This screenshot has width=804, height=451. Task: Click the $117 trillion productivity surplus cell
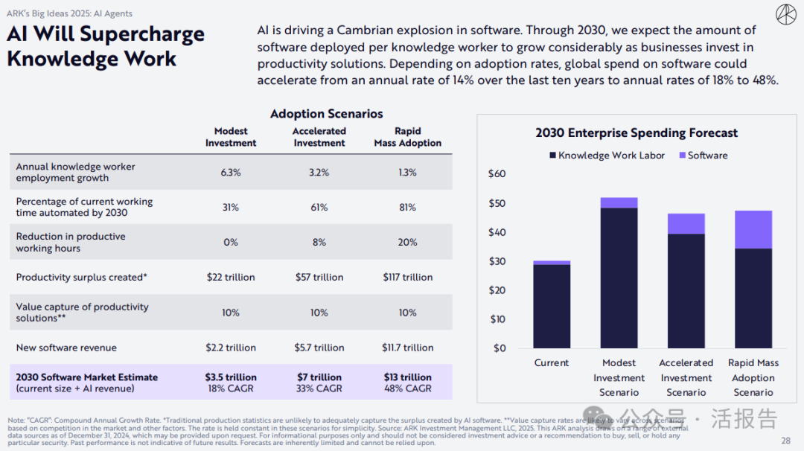(407, 277)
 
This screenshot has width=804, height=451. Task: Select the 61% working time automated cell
(319, 207)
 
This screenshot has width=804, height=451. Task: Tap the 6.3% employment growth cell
(230, 172)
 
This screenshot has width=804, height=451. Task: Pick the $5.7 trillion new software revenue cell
(319, 348)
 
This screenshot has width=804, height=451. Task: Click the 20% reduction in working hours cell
(407, 242)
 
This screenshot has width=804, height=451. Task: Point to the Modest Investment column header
(230, 137)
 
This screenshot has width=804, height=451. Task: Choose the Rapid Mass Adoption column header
(407, 137)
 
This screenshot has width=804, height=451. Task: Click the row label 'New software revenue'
(66, 348)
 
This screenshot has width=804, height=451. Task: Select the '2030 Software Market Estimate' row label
(86, 377)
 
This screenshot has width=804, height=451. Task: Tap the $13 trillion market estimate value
(407, 377)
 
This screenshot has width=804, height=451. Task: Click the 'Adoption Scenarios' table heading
(326, 114)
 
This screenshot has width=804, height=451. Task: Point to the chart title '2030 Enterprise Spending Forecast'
(636, 133)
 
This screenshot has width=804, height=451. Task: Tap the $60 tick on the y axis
(497, 174)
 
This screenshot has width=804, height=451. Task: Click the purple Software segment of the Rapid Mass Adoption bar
(753, 229)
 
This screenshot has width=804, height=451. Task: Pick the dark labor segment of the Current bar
(552, 307)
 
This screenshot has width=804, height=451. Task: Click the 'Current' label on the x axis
(552, 363)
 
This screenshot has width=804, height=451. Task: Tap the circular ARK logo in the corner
(785, 14)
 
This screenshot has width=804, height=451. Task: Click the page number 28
(786, 441)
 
